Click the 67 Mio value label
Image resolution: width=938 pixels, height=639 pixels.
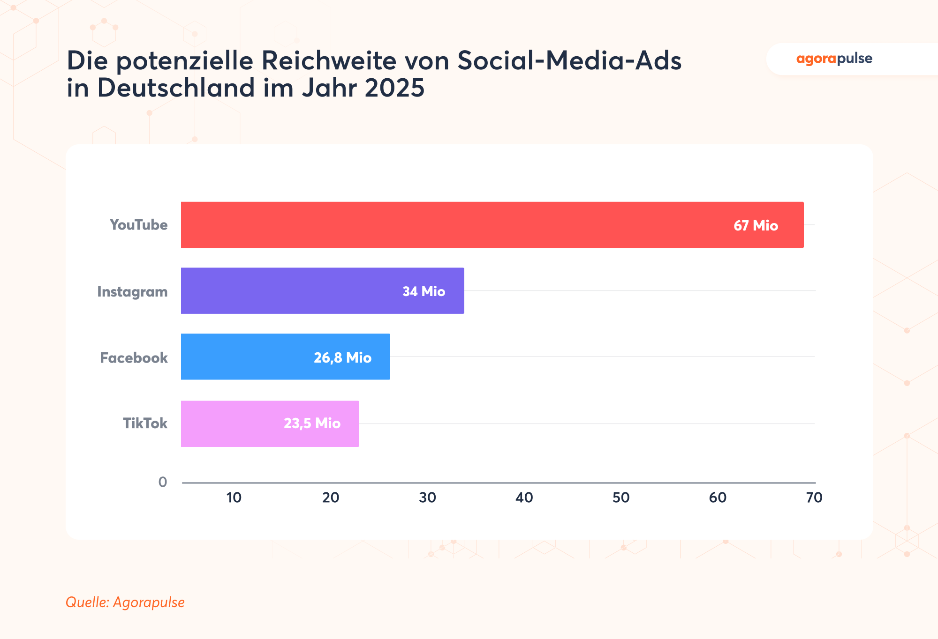coord(756,226)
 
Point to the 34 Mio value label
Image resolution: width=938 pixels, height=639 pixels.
coord(424,291)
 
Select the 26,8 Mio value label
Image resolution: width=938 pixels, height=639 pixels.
coord(342,358)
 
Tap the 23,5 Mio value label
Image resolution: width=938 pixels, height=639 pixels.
coord(312,424)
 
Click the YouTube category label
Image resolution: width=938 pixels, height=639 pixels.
coord(138,225)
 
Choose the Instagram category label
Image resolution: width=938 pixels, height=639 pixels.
coord(132,292)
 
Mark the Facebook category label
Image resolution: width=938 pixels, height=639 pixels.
coord(134,358)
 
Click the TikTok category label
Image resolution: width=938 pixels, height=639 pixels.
coord(145,424)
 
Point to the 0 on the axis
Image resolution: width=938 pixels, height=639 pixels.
coord(163,482)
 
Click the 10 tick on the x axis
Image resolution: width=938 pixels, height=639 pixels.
coord(234,498)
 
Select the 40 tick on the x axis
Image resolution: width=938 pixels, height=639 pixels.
coord(524,498)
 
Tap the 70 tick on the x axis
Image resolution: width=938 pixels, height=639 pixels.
coord(814,498)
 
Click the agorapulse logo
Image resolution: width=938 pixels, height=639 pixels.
coord(834,59)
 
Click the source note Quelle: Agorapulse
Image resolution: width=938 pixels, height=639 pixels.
coord(125,602)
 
